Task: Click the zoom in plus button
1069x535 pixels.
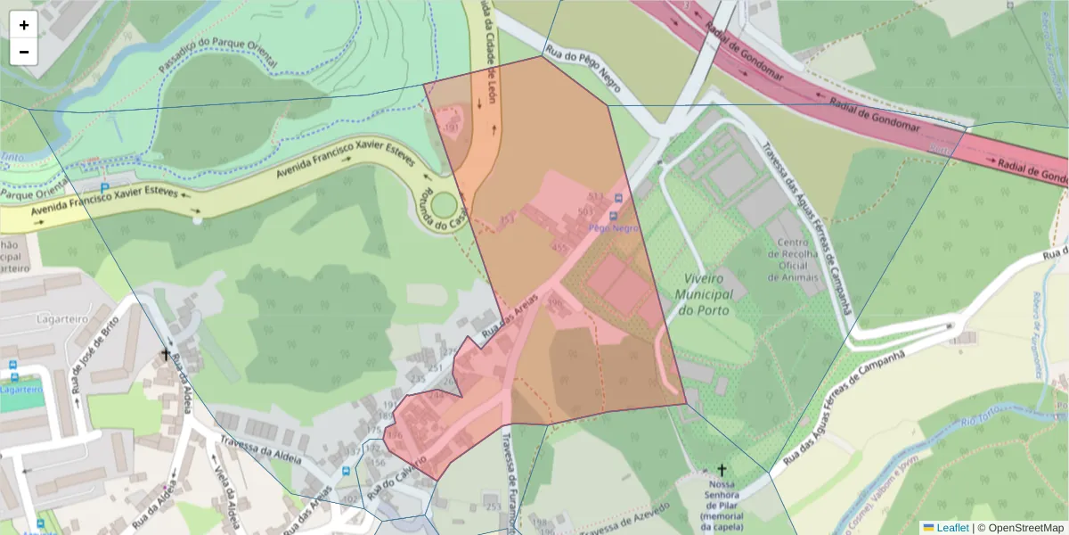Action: (x=24, y=25)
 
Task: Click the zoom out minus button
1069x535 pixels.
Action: (x=24, y=52)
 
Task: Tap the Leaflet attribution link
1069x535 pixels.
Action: (x=952, y=528)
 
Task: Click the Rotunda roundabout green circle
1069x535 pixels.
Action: (x=443, y=207)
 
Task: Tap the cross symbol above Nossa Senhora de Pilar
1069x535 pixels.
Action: (x=722, y=469)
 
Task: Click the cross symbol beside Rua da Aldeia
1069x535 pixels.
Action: (x=165, y=354)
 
